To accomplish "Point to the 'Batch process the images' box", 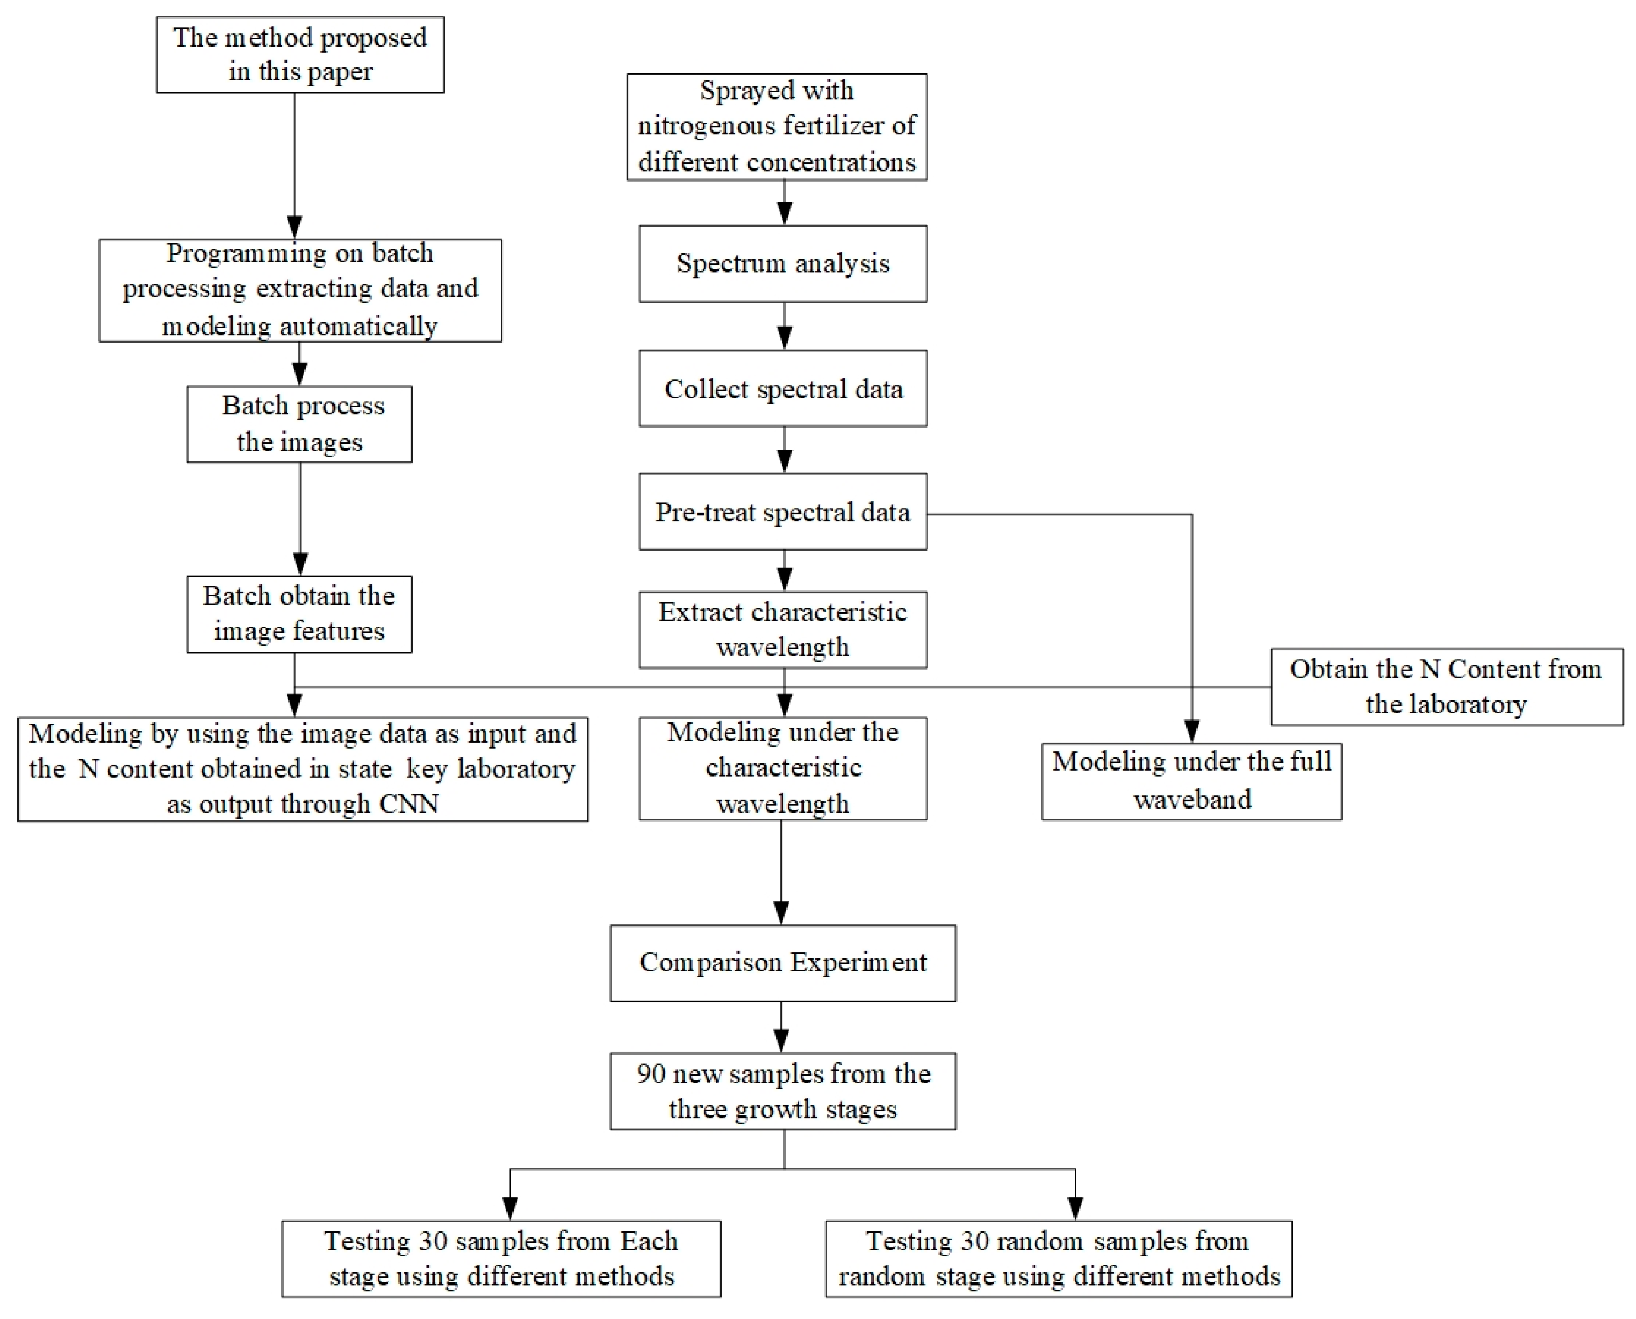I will click(299, 424).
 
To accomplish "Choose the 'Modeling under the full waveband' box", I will click(1191, 781).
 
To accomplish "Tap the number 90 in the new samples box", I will click(651, 1073).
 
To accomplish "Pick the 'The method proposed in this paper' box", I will click(300, 55).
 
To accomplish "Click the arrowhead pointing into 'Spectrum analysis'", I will click(784, 214).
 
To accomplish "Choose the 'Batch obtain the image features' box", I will click(299, 614).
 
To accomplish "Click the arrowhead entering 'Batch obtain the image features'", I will click(300, 564).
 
